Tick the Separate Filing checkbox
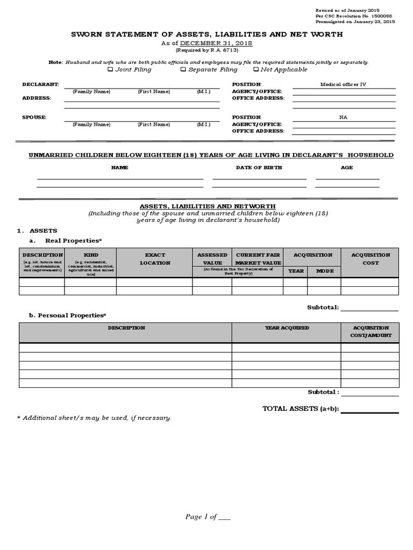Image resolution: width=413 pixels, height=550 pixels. click(x=183, y=69)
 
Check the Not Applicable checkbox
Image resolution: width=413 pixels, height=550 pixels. click(x=255, y=69)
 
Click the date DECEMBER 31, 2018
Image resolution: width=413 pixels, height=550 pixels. click(x=215, y=43)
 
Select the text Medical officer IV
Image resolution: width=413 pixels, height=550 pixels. click(x=343, y=84)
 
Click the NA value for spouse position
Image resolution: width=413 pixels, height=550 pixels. click(x=343, y=117)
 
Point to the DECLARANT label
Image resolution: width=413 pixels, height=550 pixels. click(x=40, y=84)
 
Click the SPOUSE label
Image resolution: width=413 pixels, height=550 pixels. click(x=34, y=117)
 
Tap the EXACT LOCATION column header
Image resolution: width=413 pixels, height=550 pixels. click(x=155, y=259)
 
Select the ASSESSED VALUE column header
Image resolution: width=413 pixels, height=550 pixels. click(x=212, y=259)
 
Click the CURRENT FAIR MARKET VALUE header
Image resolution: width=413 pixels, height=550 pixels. click(x=258, y=259)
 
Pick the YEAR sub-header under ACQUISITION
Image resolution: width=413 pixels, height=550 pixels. click(x=296, y=271)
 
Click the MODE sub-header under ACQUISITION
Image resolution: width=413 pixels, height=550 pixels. click(x=325, y=271)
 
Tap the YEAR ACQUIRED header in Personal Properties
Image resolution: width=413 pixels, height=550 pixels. click(x=287, y=328)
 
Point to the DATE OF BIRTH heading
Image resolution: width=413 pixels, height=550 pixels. click(x=259, y=168)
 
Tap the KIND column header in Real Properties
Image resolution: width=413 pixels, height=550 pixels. click(x=91, y=255)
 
